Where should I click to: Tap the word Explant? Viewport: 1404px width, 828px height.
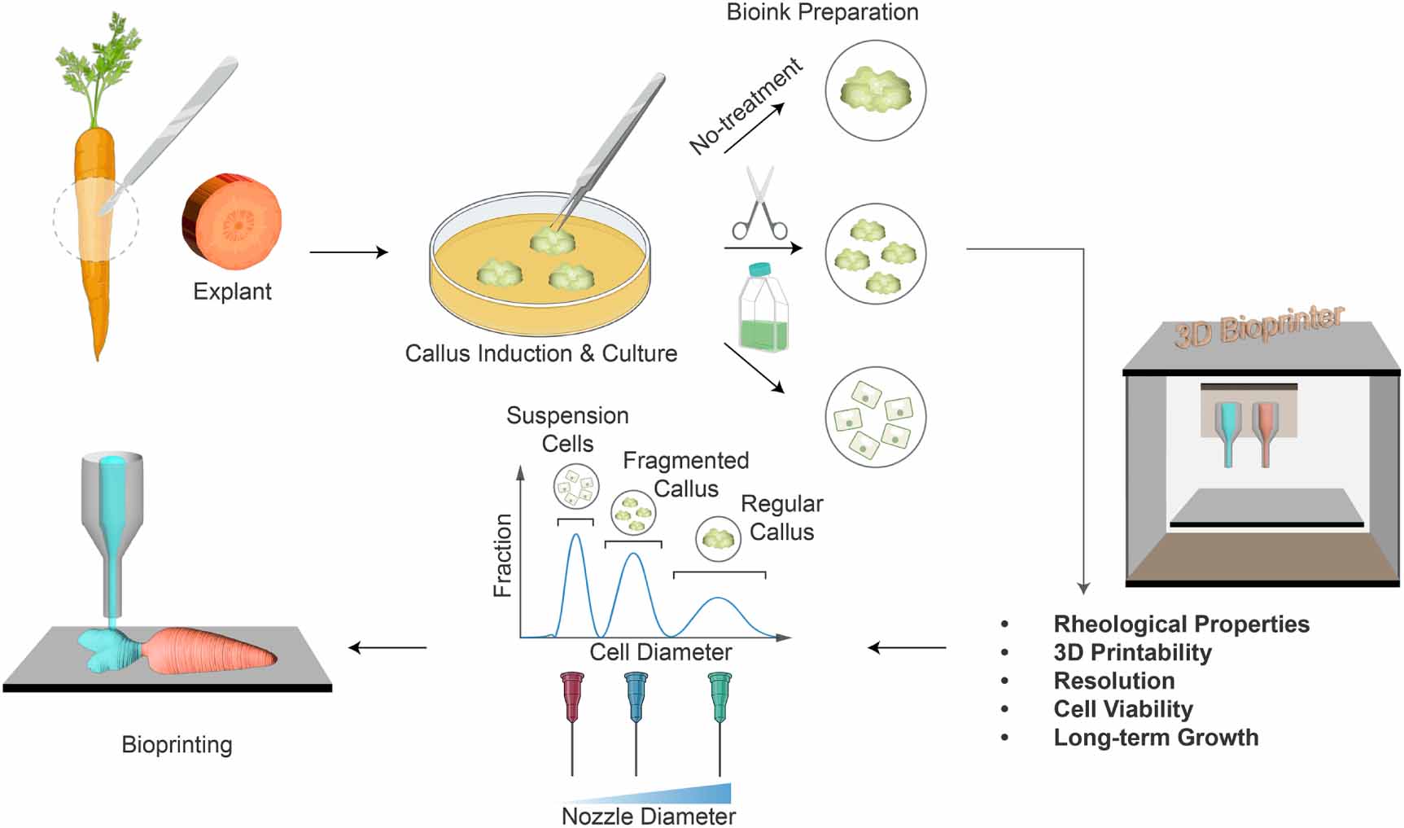pos(232,291)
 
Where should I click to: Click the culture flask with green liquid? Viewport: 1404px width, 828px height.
pos(763,309)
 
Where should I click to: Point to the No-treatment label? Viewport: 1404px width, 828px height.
pos(745,106)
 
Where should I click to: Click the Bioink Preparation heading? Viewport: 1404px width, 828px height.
pos(822,12)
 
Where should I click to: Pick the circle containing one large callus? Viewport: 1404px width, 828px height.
pos(875,90)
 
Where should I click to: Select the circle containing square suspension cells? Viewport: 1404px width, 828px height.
pos(875,417)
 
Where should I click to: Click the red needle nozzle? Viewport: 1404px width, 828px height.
pos(572,700)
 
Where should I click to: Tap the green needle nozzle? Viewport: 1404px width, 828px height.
pos(719,700)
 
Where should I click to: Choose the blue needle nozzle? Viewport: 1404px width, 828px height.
pos(636,700)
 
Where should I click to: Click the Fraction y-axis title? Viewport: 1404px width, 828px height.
pos(503,555)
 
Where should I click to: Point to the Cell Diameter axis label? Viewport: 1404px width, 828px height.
pos(660,652)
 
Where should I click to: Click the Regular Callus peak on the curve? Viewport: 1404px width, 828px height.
pos(718,600)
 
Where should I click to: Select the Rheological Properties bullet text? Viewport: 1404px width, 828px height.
pos(1181,624)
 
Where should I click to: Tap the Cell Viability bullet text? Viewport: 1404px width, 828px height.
pos(1122,709)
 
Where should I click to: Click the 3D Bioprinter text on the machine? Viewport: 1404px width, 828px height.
pos(1257,326)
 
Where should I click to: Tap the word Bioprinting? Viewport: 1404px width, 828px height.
pos(177,745)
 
